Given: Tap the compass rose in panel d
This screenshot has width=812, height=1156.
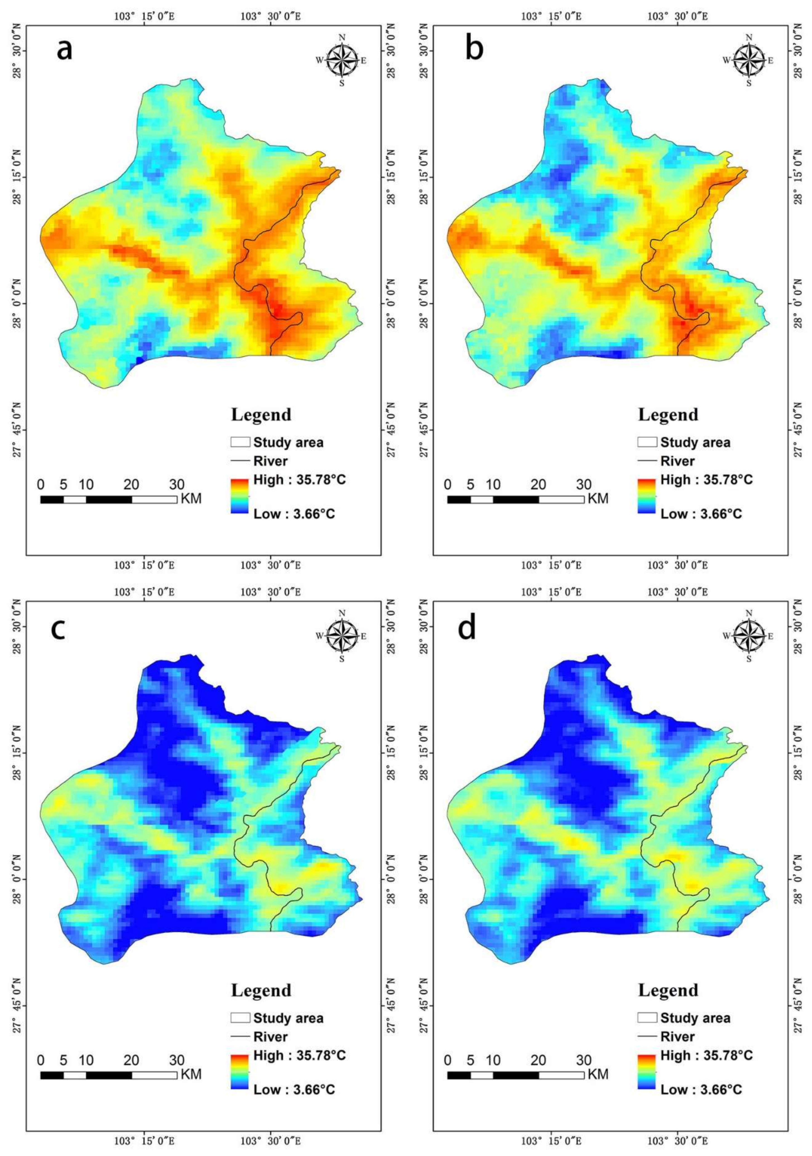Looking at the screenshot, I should [749, 636].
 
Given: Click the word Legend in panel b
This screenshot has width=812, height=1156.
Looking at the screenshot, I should [668, 415].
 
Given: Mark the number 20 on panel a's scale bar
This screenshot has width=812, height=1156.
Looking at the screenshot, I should [131, 485].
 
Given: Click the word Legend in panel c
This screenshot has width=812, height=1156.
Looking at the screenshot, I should [261, 990].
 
